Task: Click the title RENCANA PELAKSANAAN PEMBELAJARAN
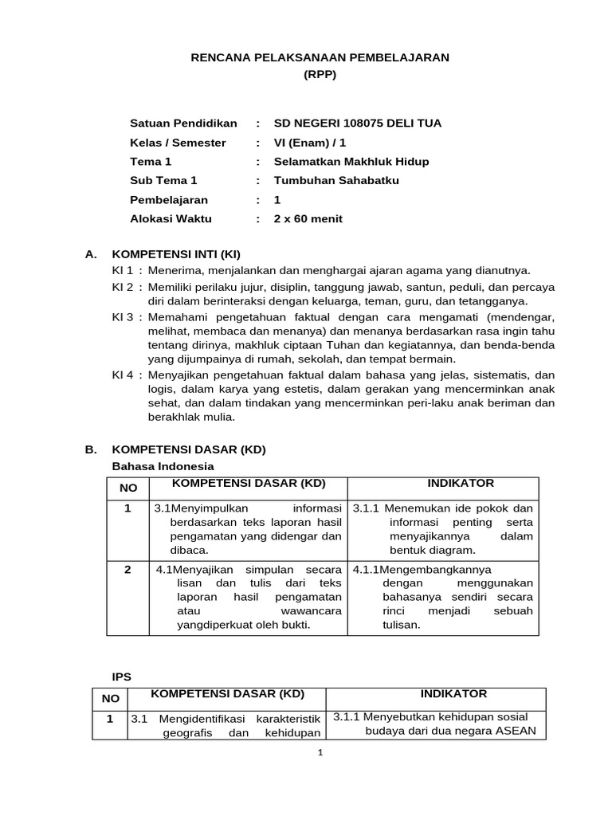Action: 320,57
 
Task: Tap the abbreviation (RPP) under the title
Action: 320,75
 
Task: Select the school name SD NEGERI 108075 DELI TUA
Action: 357,124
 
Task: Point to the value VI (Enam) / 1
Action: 310,143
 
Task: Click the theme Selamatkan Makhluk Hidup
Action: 351,162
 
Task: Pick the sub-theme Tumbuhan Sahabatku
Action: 336,181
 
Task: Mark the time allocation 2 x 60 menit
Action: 308,219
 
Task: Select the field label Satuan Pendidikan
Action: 183,124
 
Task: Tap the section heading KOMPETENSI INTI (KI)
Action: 175,254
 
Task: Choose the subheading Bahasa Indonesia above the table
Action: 163,466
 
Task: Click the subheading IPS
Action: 121,677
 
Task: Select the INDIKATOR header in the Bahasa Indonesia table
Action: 461,484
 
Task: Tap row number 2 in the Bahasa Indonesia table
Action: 127,570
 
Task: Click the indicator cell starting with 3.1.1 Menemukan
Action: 443,529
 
